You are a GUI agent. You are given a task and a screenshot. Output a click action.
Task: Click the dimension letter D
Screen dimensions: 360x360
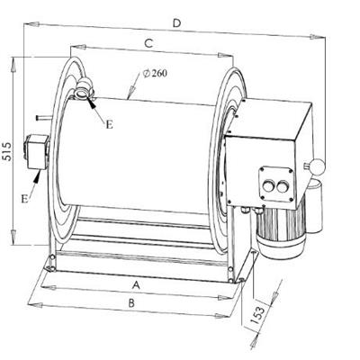tap(177, 23)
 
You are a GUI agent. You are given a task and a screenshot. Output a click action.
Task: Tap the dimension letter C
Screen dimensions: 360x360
tap(148, 44)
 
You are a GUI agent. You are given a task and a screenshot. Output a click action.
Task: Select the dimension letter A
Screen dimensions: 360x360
tap(137, 285)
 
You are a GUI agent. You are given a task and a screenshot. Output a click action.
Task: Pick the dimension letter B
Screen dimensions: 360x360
tap(131, 303)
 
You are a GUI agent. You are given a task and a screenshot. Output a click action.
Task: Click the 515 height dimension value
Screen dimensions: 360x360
tap(7, 151)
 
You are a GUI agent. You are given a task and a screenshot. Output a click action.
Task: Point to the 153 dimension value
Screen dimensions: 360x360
tap(258, 315)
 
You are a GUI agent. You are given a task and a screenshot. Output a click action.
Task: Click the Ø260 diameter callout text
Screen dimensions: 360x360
tap(155, 74)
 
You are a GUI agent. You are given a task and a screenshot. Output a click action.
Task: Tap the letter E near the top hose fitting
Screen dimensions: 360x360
tap(109, 124)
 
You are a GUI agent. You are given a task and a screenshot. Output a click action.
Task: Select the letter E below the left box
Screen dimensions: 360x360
tap(25, 198)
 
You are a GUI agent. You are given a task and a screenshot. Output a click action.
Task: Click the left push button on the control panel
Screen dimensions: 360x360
tap(267, 187)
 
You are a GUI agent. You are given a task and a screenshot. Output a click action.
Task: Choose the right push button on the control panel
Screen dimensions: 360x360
tap(282, 188)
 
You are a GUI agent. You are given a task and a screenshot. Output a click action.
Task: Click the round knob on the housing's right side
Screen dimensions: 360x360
tap(318, 166)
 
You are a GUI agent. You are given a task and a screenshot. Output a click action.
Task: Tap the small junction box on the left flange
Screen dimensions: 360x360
tap(36, 152)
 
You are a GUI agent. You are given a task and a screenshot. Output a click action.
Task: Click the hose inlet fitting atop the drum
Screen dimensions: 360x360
tap(84, 88)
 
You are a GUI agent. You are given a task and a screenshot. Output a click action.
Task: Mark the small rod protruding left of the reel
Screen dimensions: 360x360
tap(42, 118)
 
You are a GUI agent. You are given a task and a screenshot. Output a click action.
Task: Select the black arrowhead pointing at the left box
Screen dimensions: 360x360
tap(37, 177)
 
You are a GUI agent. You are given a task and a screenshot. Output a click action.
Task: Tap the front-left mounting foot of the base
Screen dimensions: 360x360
tap(50, 266)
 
